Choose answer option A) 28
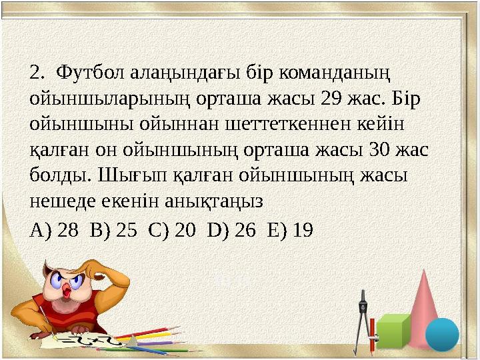point(54,231)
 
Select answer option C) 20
point(172,231)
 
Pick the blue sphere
point(442,334)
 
